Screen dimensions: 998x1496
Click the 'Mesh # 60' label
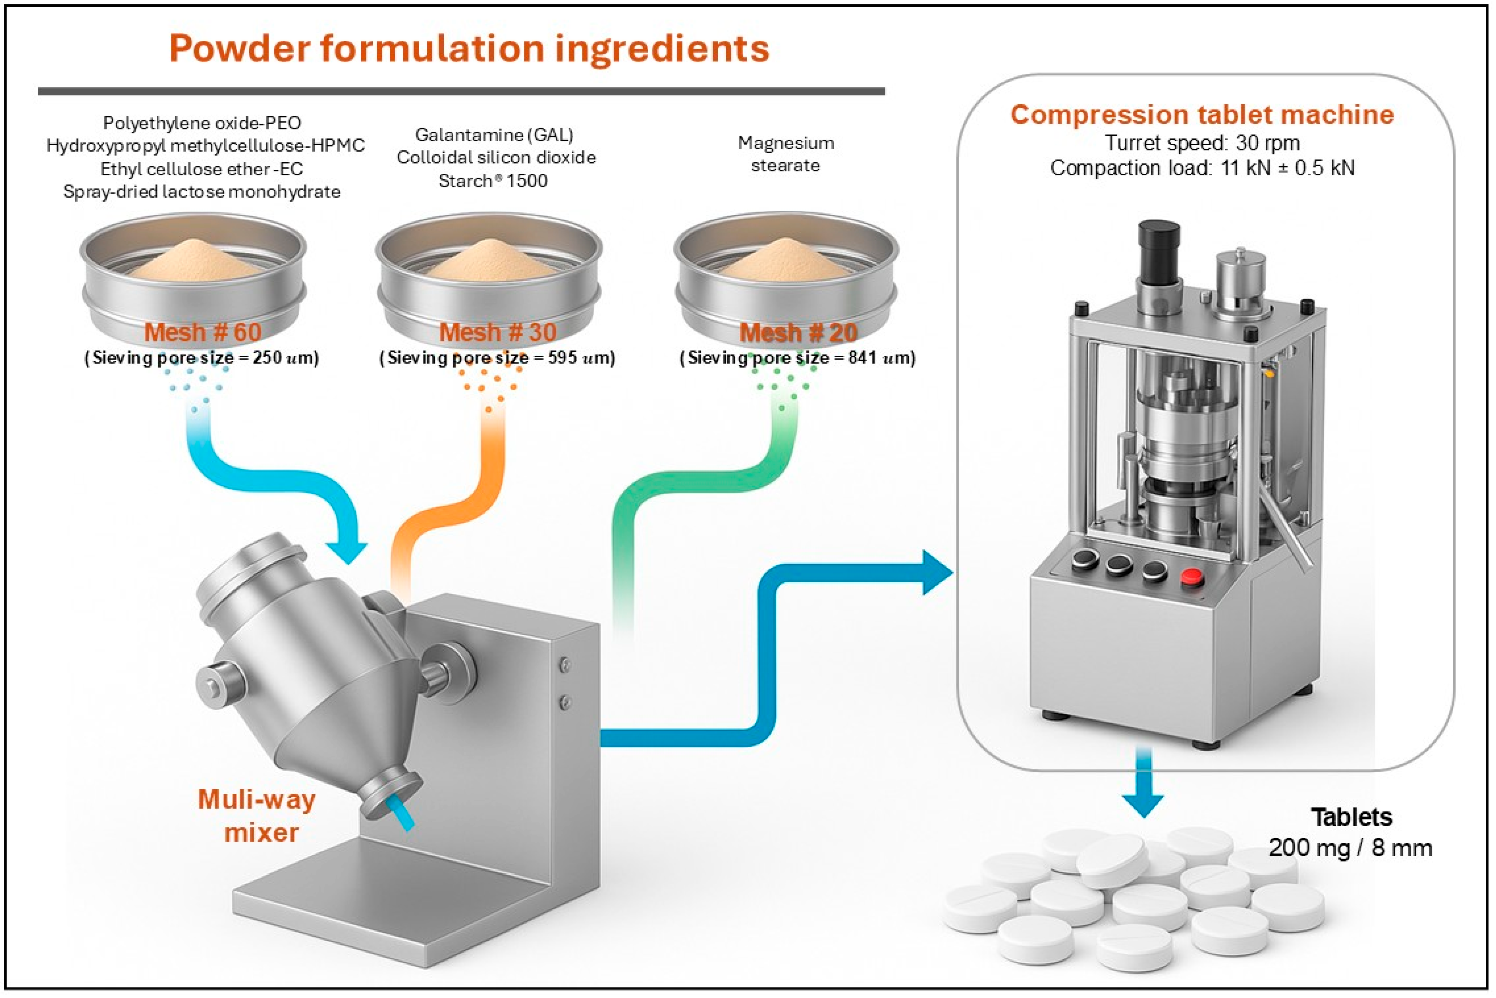tap(203, 332)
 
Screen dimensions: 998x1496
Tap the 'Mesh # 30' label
tap(498, 332)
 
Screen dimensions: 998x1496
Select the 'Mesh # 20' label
tap(798, 333)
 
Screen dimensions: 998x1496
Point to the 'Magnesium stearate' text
tap(786, 154)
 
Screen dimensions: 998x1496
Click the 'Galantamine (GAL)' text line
tap(494, 135)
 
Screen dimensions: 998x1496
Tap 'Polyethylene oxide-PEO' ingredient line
tap(202, 123)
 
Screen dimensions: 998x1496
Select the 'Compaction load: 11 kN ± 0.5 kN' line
tap(1202, 168)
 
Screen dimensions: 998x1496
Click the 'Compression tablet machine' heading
tap(1202, 114)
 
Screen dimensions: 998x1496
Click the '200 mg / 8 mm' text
tap(1350, 848)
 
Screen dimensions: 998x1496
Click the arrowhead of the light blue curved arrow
tap(347, 551)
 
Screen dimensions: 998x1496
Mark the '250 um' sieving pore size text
tap(267, 358)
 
